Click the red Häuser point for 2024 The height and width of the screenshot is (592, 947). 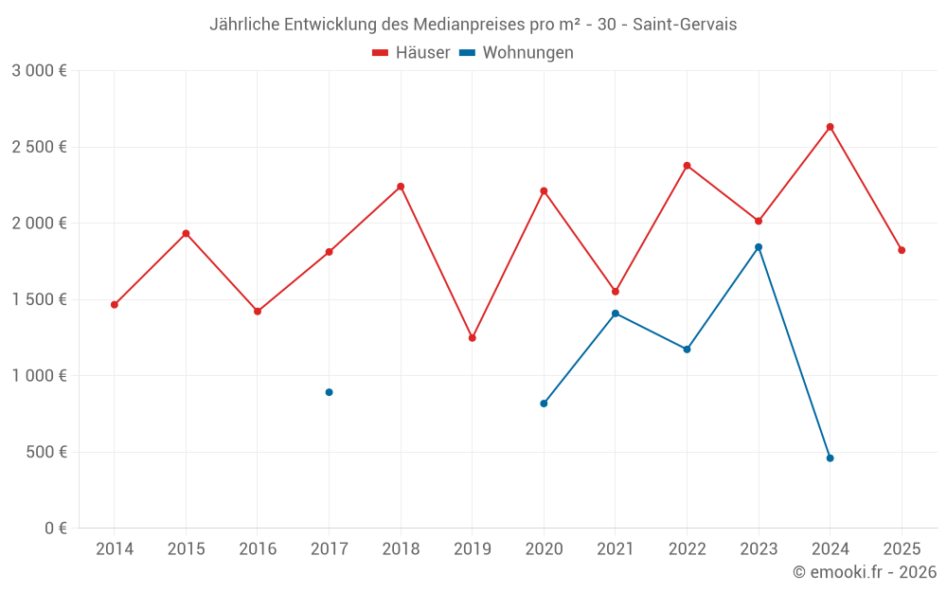(x=830, y=127)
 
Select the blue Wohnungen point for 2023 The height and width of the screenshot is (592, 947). (x=759, y=247)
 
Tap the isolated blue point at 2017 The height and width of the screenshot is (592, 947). (x=329, y=392)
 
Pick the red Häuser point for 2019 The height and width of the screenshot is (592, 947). (x=472, y=338)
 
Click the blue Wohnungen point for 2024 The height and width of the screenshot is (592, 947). (x=830, y=458)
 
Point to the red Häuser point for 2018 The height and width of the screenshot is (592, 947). (x=401, y=187)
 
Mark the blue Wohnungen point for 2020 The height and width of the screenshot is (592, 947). (x=544, y=404)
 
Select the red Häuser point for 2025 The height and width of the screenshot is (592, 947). (x=902, y=250)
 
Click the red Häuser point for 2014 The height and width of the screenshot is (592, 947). (x=114, y=305)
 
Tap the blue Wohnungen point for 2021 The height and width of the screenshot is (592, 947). (x=616, y=314)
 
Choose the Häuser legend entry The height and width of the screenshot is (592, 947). (x=411, y=53)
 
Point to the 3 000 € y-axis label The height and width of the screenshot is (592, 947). (x=39, y=71)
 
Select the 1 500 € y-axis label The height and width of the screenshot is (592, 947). (x=39, y=299)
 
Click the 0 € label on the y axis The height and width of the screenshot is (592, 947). (x=53, y=529)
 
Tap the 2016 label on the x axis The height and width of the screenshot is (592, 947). (x=258, y=549)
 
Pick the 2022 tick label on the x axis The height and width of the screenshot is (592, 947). (x=687, y=549)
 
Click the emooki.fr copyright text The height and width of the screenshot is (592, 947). (x=865, y=572)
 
